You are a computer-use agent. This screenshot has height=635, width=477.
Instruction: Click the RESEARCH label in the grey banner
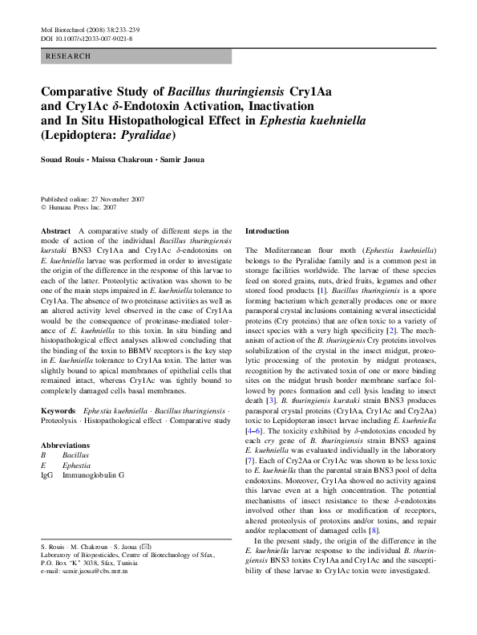pos(69,56)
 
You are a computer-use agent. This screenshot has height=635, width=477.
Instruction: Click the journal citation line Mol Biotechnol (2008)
pos(87,29)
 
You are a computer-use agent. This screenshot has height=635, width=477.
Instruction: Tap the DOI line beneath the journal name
pos(86,38)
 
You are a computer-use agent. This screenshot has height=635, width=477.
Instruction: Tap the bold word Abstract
pos(55,231)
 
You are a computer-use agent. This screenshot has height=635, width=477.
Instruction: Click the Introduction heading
pos(272,231)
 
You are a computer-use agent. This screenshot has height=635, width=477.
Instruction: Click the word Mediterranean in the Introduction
pos(293,251)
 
